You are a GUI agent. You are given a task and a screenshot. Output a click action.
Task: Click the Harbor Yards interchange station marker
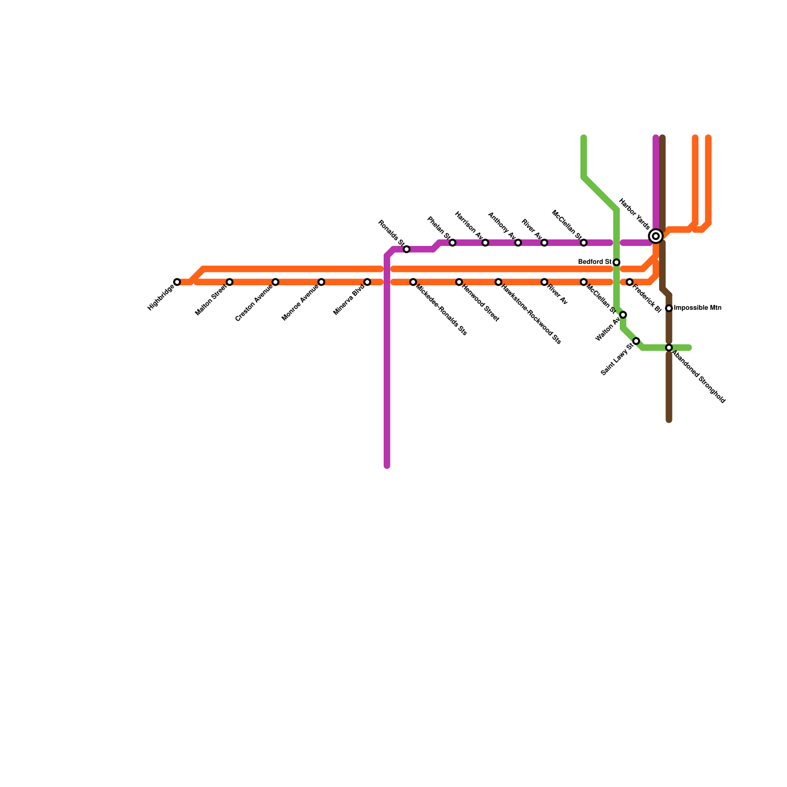pos(656,236)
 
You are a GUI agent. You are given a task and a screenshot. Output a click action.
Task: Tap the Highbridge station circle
pos(177,282)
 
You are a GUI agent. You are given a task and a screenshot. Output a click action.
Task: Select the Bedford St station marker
pos(616,262)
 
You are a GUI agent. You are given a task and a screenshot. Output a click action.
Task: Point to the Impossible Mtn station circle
pos(669,308)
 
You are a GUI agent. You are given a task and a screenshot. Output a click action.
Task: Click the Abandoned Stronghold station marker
pos(669,348)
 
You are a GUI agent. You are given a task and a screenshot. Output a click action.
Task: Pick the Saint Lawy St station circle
pos(636,341)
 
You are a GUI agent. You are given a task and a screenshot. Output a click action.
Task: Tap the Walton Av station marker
pos(623,315)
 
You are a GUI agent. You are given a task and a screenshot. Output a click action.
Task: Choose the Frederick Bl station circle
pos(630,282)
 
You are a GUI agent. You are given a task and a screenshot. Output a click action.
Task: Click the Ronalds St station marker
pos(406,249)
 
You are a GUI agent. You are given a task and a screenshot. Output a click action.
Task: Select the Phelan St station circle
pos(453,243)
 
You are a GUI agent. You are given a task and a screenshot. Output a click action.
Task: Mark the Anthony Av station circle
pos(518,243)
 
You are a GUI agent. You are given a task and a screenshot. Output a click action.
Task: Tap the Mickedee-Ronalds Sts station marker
pos(413,282)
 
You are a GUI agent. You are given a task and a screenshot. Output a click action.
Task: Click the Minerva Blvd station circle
pos(367,282)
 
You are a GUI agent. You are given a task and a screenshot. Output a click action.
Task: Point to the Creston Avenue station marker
pos(275,282)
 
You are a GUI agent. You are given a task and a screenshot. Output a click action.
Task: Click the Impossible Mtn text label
pos(697,308)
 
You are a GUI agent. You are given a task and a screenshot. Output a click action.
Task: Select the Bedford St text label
pos(595,262)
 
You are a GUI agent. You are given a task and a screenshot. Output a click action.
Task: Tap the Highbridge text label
pos(161,298)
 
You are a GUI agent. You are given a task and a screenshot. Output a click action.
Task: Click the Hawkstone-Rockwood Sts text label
pos(531,313)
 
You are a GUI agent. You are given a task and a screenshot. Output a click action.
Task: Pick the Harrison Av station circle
pos(485,243)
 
